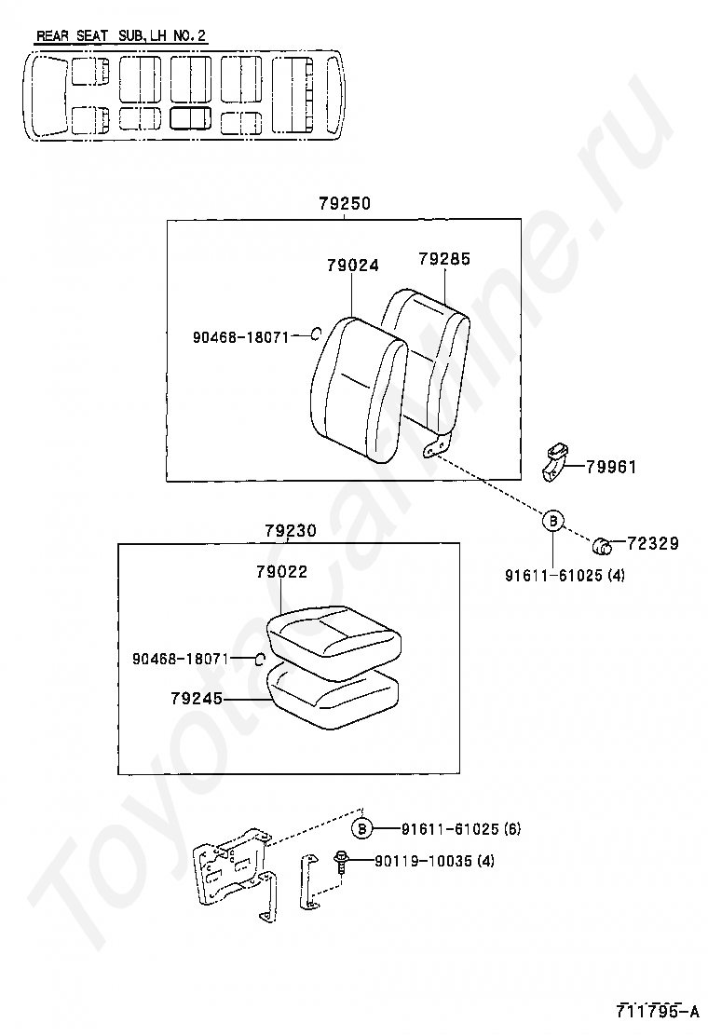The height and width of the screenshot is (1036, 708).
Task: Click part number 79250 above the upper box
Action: point(344,204)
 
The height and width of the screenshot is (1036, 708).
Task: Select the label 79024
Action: point(352,265)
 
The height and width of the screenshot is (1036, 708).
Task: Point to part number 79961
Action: point(611,467)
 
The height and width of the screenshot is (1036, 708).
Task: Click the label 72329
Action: point(652,543)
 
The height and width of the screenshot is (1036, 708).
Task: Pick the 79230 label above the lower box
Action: point(290,531)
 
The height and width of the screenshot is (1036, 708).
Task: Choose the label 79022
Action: point(281,572)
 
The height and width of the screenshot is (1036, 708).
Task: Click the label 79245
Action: point(197,697)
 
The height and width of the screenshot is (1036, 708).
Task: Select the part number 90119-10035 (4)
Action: point(435,861)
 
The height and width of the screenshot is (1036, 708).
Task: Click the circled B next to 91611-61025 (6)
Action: point(363,828)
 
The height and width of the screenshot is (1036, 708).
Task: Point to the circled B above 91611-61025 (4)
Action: point(552,521)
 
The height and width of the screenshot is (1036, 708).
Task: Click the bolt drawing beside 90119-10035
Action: point(340,862)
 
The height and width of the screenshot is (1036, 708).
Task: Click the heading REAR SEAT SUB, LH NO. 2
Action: point(121,37)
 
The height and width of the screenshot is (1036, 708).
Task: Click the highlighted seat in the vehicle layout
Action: point(190,117)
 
